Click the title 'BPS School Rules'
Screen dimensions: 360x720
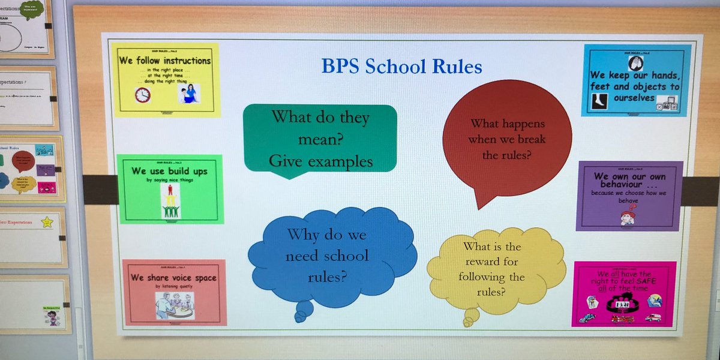tap(401, 65)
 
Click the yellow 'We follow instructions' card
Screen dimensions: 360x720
tap(166, 80)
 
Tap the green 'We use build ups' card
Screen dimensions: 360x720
tap(170, 189)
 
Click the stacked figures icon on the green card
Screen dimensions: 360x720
tap(170, 202)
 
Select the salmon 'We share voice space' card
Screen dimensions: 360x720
tap(174, 292)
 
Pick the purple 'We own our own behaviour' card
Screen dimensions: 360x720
tap(629, 196)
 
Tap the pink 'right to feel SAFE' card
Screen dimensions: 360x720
tap(624, 294)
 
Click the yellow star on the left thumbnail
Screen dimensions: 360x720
tap(47, 223)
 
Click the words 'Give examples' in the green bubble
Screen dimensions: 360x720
tap(320, 161)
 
